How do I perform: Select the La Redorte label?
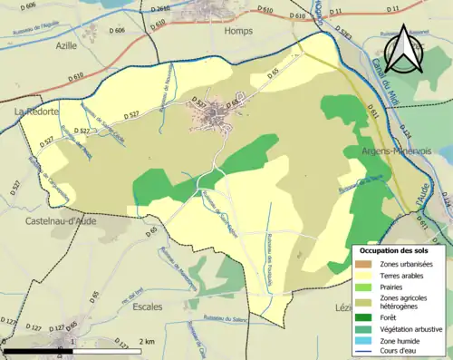(35, 112)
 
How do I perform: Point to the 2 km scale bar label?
(147, 341)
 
